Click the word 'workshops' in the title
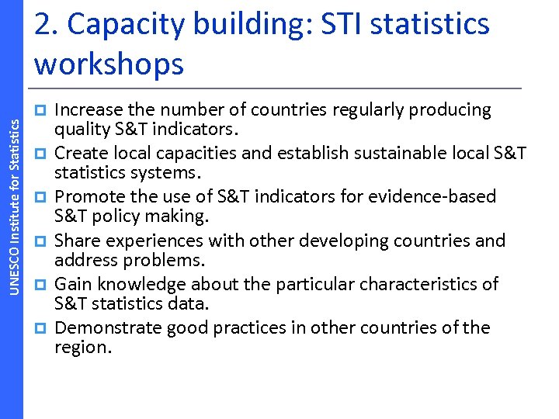click(x=109, y=64)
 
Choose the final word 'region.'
click(x=83, y=347)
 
